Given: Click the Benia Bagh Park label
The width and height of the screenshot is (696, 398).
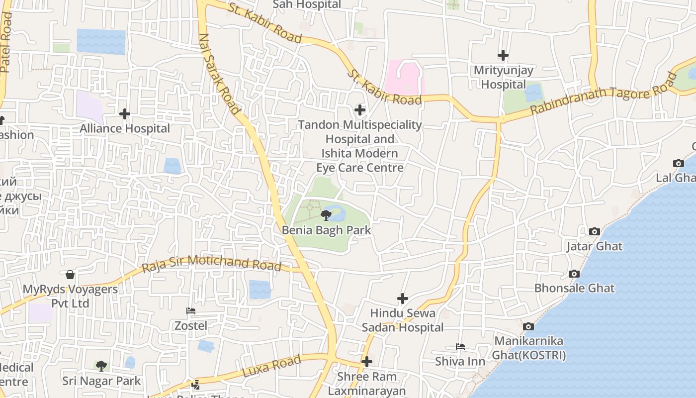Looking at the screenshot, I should [326, 230].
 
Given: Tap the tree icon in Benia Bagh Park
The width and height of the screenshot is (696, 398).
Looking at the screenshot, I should [326, 215].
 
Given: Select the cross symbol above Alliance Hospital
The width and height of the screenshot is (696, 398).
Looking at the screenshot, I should [124, 114].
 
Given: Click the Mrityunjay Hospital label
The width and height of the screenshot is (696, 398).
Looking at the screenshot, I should [503, 77].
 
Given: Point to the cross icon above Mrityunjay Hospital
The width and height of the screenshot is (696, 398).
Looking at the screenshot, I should [503, 55].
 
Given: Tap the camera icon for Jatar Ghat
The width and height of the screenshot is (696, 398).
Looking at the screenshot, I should [594, 231].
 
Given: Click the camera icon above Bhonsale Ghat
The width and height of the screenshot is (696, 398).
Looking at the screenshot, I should [574, 274].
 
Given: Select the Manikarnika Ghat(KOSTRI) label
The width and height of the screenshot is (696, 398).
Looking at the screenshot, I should [528, 348].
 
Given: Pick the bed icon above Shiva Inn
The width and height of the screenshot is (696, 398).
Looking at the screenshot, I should [460, 347].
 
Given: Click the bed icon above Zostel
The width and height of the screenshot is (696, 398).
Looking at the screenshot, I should [190, 311].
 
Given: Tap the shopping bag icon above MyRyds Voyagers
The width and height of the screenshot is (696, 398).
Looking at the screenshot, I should [70, 275].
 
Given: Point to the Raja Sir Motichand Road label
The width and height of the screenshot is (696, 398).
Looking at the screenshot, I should [212, 264].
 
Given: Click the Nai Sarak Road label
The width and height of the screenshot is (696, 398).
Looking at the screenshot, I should [219, 75].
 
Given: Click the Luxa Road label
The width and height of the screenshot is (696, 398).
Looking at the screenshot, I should [271, 366].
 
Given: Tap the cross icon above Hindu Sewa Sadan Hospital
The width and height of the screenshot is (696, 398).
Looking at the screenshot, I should [403, 298].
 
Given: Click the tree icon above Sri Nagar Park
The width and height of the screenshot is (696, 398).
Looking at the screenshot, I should [101, 366].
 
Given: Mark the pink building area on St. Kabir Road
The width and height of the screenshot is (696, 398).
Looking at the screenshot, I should [404, 77].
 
